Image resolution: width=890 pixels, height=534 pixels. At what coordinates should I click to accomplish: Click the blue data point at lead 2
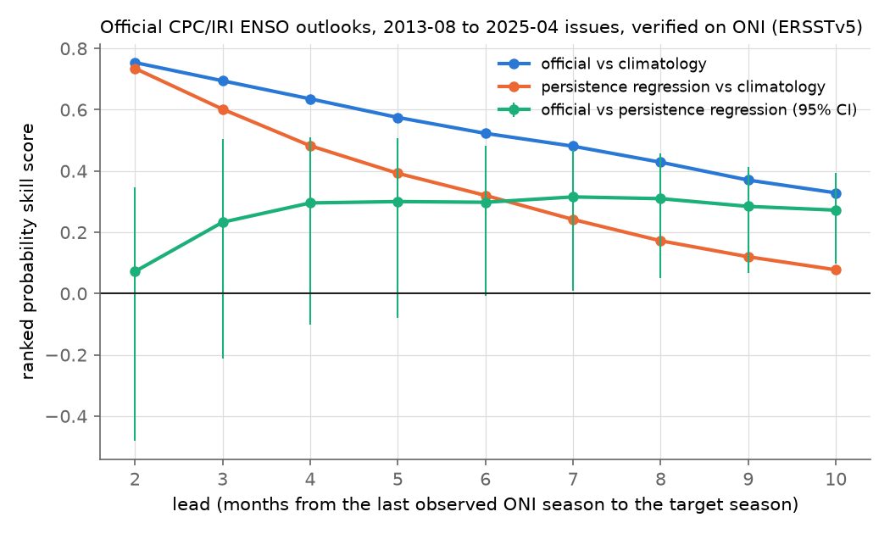(135, 63)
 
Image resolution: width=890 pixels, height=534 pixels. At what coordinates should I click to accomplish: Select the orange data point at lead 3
(223, 109)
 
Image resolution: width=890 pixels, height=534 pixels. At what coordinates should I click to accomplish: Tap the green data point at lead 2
(135, 272)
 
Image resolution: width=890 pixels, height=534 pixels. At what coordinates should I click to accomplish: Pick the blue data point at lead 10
(836, 193)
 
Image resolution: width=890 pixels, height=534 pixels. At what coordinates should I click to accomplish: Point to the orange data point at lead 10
(836, 270)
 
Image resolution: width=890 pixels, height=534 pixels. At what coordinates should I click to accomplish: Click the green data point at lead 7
(573, 197)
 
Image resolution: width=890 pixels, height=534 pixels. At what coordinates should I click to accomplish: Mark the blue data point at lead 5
(398, 118)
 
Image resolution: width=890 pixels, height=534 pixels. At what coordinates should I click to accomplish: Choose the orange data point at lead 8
(660, 242)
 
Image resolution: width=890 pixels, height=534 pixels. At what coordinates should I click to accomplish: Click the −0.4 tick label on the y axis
(68, 416)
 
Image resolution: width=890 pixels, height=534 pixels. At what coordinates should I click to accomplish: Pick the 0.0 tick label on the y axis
(75, 294)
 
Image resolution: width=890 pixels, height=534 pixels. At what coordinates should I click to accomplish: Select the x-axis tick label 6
(486, 480)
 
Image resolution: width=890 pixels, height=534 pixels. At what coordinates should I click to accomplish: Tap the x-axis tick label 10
(836, 480)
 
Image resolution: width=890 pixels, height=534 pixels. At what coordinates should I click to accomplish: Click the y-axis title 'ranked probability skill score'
(28, 252)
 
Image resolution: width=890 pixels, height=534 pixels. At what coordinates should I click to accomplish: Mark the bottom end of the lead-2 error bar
(135, 441)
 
